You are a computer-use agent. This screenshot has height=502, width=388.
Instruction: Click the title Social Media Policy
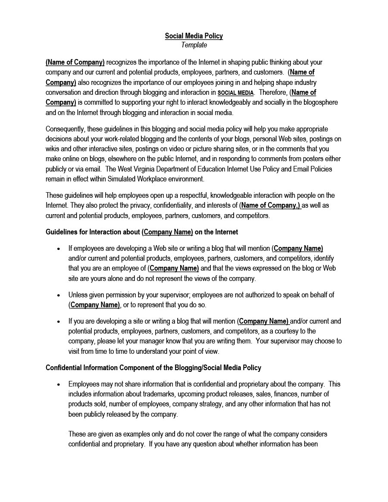194,36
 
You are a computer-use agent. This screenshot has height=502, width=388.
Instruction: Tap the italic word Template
194,45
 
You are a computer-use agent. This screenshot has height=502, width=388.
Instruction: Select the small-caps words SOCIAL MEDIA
235,93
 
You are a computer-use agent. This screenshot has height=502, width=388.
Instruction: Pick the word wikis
53,149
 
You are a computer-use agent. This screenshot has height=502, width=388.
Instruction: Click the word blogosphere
319,103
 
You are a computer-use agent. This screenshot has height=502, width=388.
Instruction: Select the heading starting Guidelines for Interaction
142,232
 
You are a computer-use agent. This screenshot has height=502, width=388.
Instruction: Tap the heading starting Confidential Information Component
153,368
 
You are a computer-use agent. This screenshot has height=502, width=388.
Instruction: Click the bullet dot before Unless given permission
59,295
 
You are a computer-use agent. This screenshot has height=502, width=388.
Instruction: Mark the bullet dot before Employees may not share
59,384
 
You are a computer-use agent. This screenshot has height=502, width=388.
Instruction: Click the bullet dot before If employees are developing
59,249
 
